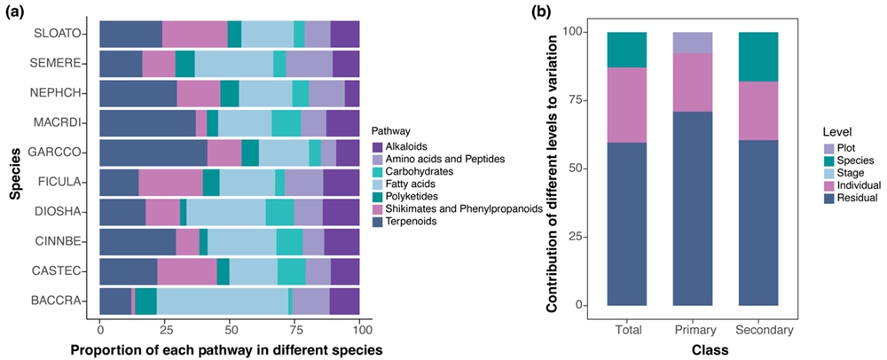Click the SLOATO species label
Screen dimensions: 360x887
point(59,34)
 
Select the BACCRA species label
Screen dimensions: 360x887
point(59,301)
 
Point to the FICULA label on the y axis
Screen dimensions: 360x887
point(61,182)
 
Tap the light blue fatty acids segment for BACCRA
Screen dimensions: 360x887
point(223,301)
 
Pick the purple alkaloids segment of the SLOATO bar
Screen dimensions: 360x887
point(345,34)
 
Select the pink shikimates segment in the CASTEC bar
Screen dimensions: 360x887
point(186,271)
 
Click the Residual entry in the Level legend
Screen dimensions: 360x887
point(852,198)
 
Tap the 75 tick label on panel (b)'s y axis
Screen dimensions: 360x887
point(577,100)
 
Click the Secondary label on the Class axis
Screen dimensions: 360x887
point(765,330)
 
